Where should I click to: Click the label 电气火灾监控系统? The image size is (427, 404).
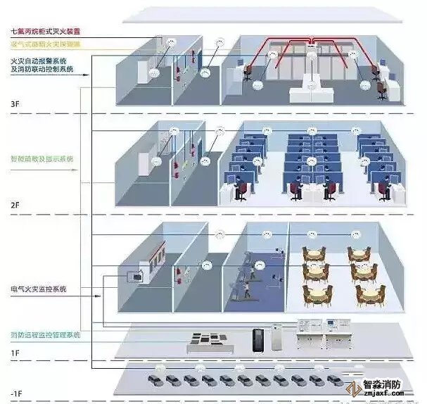(39, 289)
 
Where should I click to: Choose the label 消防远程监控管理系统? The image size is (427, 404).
(45, 334)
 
